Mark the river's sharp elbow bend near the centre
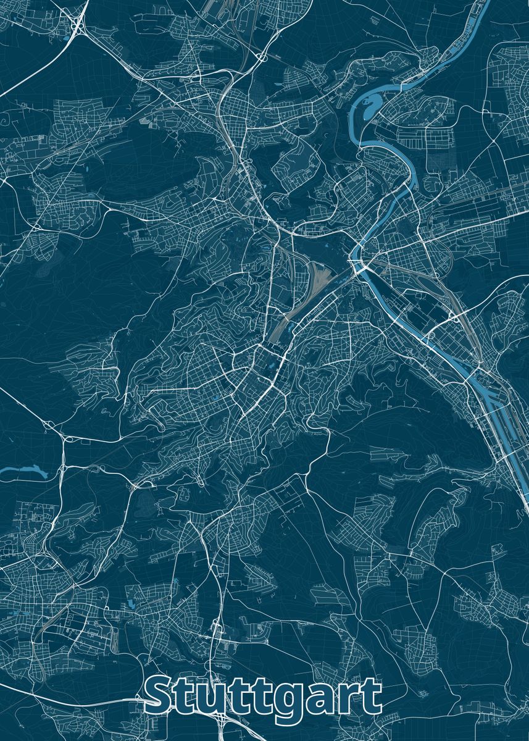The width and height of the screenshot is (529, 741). pos(356,253)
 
